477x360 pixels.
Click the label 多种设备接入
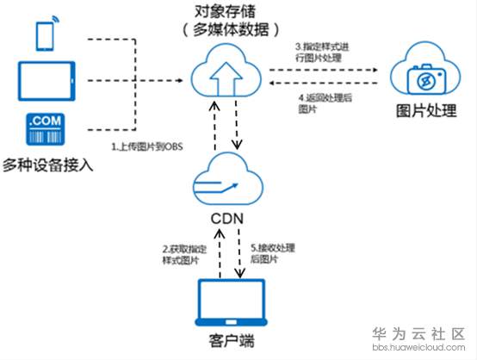48,163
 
